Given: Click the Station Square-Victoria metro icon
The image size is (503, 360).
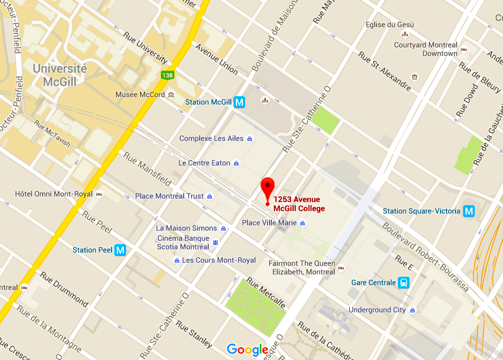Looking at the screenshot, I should click(469, 211).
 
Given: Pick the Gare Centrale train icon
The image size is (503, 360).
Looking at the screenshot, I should click(404, 283).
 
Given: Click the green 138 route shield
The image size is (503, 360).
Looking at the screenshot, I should click(167, 75).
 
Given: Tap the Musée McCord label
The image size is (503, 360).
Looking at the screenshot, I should click(140, 95).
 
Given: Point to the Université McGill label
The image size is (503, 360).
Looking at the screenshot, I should click(59, 75).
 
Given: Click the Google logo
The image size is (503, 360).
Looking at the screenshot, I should click(247, 350).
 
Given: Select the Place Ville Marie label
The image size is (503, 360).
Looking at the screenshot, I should click(269, 223).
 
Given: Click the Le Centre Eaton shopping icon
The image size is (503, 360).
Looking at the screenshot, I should click(237, 163).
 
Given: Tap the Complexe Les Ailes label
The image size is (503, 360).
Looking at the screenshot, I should click(211, 138).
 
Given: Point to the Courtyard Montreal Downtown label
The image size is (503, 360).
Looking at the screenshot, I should click(426, 49).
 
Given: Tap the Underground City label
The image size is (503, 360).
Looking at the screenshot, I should click(377, 310).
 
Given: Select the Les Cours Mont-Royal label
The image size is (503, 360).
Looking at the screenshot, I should click(219, 260).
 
